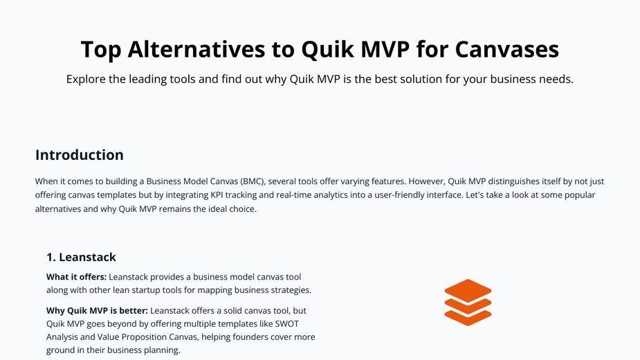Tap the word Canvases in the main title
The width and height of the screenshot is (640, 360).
point(506,49)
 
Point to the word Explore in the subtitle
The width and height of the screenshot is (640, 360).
point(86,80)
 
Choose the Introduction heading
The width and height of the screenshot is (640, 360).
point(79,155)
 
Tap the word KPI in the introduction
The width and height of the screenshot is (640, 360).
point(217,195)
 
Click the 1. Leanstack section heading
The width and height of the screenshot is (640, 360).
point(81,257)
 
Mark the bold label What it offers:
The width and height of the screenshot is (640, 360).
point(76,277)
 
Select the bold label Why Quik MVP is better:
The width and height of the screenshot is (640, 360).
point(97,311)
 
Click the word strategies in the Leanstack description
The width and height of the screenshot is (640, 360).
point(290,290)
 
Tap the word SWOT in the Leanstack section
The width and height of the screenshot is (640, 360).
point(287,324)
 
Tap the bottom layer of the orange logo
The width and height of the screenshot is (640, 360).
point(468,318)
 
